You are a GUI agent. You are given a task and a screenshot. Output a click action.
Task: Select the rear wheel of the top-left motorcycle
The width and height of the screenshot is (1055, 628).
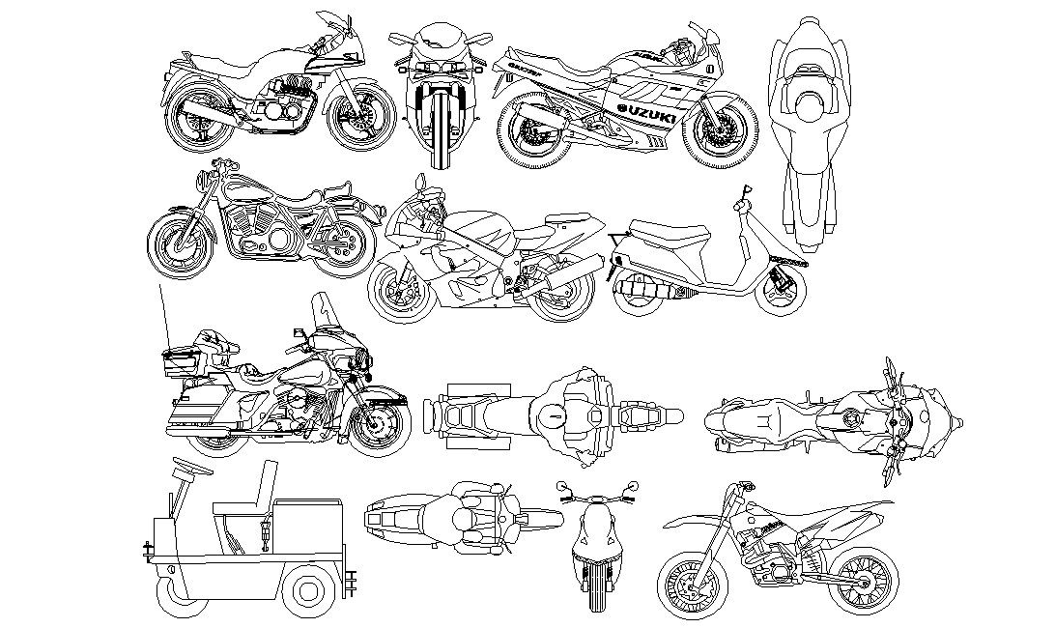click(x=199, y=118)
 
